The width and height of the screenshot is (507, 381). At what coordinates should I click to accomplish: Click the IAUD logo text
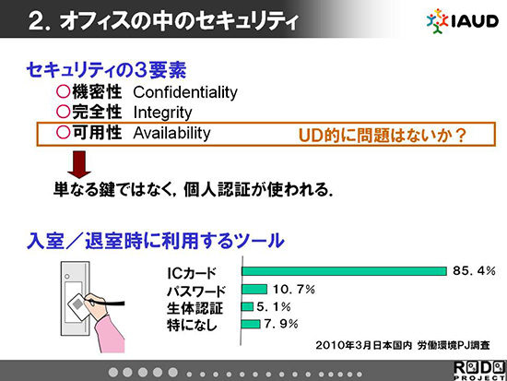(475, 22)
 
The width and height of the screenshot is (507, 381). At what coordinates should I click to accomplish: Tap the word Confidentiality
(185, 92)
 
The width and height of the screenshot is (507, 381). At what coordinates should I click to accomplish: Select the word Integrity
(162, 113)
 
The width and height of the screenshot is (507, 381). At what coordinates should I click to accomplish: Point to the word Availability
(171, 133)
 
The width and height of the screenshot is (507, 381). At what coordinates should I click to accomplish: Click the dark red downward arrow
(79, 164)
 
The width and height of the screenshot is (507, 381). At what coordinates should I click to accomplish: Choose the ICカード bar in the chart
(344, 271)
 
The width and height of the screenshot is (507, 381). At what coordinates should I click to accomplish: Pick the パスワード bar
(254, 289)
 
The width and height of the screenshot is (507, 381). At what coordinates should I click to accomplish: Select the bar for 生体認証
(247, 306)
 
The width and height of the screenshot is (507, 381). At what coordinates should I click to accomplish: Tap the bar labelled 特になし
(251, 324)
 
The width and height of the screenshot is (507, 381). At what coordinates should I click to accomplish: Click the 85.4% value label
(474, 270)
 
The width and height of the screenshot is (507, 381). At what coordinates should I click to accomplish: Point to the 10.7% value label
(294, 289)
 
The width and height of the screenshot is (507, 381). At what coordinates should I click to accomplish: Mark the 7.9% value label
(281, 324)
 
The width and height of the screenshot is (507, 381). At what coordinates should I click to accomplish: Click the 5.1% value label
(274, 306)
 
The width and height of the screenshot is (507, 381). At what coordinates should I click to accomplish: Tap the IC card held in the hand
(77, 304)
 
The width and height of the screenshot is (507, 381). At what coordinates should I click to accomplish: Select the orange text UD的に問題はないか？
(383, 136)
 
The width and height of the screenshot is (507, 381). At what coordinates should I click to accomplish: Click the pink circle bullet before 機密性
(63, 91)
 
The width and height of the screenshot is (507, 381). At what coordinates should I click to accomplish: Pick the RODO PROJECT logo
(479, 371)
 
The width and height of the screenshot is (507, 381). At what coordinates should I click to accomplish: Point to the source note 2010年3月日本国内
(364, 345)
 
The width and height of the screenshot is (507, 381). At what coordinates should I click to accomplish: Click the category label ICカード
(192, 274)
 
